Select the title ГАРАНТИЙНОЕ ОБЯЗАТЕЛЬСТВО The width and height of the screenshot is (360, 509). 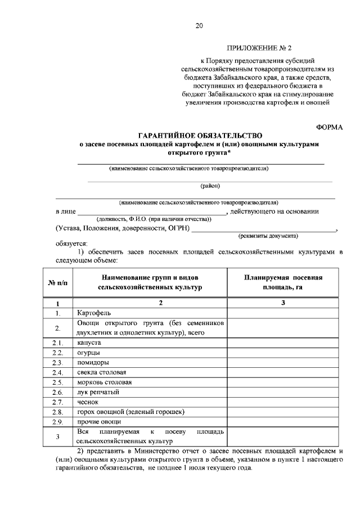200,136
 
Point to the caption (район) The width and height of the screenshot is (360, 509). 210,185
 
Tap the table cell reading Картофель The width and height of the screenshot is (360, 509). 94,312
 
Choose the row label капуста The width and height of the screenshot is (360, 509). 88,342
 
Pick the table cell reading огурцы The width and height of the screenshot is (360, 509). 88,352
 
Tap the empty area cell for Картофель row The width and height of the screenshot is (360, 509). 283,312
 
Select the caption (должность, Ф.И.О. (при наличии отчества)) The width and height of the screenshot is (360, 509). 154,218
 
